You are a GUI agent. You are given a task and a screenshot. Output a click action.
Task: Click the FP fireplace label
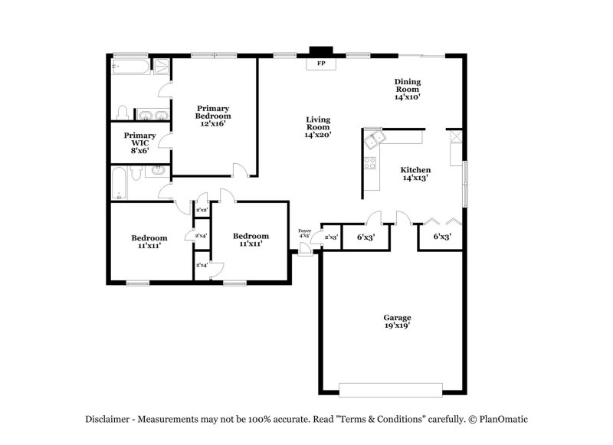pos(321,64)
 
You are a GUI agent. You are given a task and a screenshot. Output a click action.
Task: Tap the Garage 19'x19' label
pos(397,321)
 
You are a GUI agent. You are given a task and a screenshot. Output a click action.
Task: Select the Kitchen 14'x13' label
pos(415,174)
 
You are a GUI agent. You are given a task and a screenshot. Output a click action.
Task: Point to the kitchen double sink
pos(375,139)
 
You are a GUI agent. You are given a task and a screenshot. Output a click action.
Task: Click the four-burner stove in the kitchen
pos(370,162)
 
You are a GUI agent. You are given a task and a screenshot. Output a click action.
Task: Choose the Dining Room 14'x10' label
pos(408,89)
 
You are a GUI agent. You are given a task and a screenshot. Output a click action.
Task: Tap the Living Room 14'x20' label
pos(318,127)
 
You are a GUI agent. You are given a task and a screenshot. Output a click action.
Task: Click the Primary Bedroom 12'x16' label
pos(213,116)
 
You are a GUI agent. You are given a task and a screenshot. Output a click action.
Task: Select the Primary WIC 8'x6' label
pos(139,143)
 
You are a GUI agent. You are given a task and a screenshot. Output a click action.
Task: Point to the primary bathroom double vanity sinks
pos(152,116)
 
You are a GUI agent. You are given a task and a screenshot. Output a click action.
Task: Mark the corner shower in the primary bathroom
pos(162,67)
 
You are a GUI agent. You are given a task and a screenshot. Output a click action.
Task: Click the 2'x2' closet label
pos(202,210)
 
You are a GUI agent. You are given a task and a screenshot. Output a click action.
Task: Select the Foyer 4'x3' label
pos(304,233)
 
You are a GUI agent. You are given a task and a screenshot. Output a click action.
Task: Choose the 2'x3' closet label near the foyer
pos(331,237)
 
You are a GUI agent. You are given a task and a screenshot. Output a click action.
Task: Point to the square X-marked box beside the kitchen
pos(455,137)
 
